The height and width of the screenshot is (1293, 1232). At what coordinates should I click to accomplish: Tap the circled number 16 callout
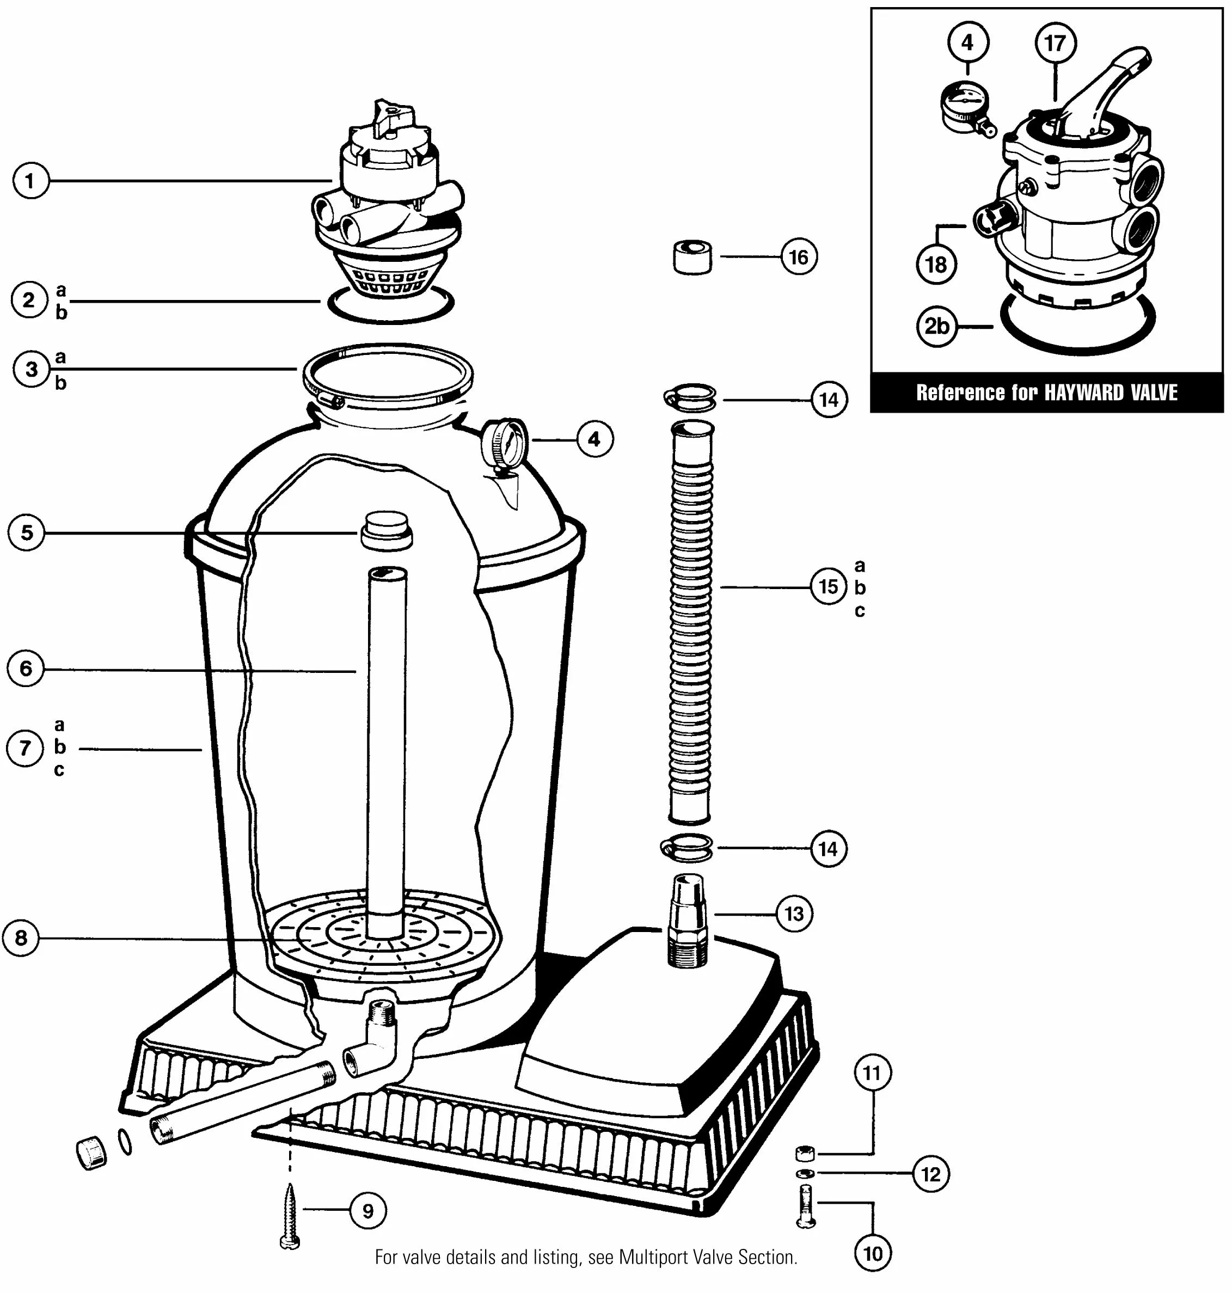799,257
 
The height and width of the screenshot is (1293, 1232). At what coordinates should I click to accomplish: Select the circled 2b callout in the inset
936,326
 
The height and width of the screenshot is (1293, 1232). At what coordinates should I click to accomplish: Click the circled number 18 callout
936,265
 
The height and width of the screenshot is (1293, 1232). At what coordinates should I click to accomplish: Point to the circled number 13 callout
794,914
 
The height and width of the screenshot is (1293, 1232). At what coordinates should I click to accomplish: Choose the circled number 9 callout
368,1211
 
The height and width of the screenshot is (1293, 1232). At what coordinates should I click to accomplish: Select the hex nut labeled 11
805,1153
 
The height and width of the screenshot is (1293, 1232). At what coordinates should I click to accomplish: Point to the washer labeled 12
805,1173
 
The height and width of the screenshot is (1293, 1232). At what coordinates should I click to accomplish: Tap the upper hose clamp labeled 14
690,397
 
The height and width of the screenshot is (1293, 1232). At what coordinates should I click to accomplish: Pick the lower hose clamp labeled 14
687,847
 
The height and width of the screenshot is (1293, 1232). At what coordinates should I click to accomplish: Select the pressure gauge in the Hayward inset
964,106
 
